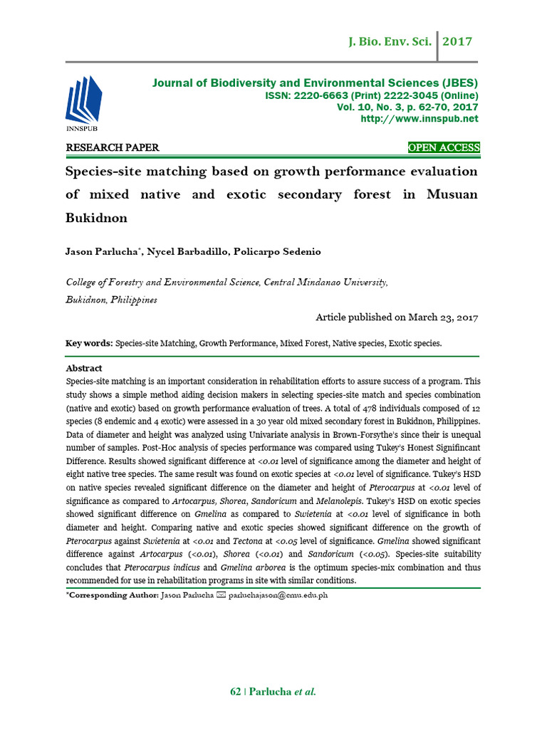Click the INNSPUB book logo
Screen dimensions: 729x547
[x=82, y=103]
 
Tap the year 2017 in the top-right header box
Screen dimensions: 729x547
[x=458, y=42]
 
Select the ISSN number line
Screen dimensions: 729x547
[x=372, y=95]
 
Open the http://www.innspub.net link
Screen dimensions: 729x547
[x=420, y=118]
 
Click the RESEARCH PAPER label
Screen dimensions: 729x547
[x=113, y=148]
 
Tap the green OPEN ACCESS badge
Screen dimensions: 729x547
[x=444, y=148]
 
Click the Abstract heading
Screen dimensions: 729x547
[x=84, y=368]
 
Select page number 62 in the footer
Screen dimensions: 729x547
[x=236, y=691]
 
